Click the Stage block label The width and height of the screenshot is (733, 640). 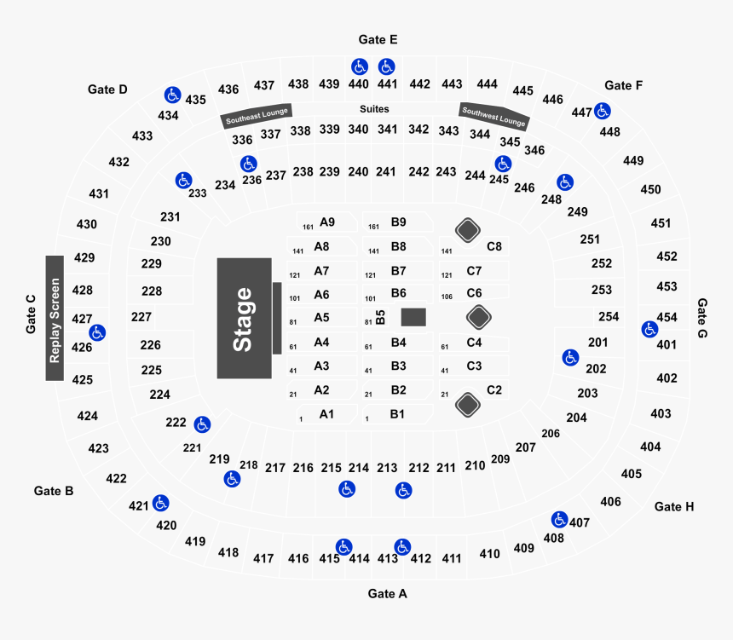[244, 319]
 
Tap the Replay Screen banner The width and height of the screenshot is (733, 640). [55, 319]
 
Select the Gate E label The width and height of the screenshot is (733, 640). [378, 40]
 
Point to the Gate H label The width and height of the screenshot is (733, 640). [674, 507]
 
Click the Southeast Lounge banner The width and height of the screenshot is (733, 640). [257, 116]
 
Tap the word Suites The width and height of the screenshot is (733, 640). [374, 109]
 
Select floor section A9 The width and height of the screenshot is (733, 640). [327, 222]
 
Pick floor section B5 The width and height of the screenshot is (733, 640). [380, 317]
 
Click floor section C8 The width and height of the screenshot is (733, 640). [494, 246]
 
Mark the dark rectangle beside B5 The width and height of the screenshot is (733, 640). [413, 317]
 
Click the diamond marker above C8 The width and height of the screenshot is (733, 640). [467, 230]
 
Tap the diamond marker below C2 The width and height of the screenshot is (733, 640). [467, 405]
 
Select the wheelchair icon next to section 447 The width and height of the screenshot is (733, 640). [602, 112]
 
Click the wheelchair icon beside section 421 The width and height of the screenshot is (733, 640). [161, 503]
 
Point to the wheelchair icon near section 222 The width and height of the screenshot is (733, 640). [202, 424]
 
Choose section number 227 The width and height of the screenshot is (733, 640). [141, 317]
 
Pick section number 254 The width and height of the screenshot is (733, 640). [609, 317]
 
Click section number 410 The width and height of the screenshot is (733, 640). [489, 554]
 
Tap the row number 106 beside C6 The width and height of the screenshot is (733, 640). [447, 297]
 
